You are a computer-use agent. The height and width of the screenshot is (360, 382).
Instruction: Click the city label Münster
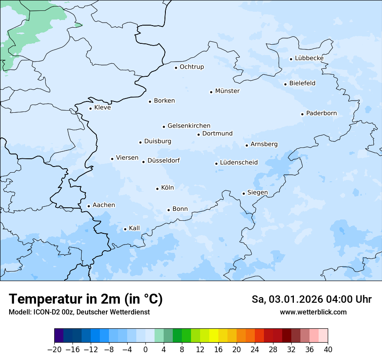[x=227, y=91]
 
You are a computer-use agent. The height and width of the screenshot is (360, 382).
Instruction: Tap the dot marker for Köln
[x=157, y=189]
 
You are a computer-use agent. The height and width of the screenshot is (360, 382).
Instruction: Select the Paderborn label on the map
[x=321, y=113]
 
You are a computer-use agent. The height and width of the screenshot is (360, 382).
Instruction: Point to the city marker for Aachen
[x=89, y=206]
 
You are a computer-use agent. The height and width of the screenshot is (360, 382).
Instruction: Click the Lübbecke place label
[x=309, y=58]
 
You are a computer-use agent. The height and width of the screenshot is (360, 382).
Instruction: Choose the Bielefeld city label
[x=302, y=83]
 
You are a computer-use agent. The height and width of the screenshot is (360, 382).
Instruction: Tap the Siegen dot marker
[x=244, y=193]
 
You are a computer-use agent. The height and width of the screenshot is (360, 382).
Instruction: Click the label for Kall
[x=134, y=228]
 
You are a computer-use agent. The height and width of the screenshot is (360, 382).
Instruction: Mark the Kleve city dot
[x=90, y=108]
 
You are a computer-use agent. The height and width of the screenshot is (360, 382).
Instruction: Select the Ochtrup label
[x=191, y=67]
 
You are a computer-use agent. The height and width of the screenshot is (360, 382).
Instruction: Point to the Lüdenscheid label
[x=239, y=163]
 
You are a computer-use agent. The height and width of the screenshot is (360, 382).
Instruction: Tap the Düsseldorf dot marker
[x=143, y=162]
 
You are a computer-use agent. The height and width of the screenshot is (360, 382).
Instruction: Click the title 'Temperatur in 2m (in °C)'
[x=86, y=299]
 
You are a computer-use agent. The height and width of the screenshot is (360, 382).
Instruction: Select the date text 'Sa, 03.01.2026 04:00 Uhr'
[x=311, y=299]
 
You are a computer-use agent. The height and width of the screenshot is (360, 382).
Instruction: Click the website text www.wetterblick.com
[x=313, y=312]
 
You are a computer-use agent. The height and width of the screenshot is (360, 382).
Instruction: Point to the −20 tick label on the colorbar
[x=55, y=350]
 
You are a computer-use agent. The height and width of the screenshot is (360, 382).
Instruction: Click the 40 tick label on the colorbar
[x=328, y=350]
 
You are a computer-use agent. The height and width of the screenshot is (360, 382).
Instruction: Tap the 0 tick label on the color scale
[x=145, y=350]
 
